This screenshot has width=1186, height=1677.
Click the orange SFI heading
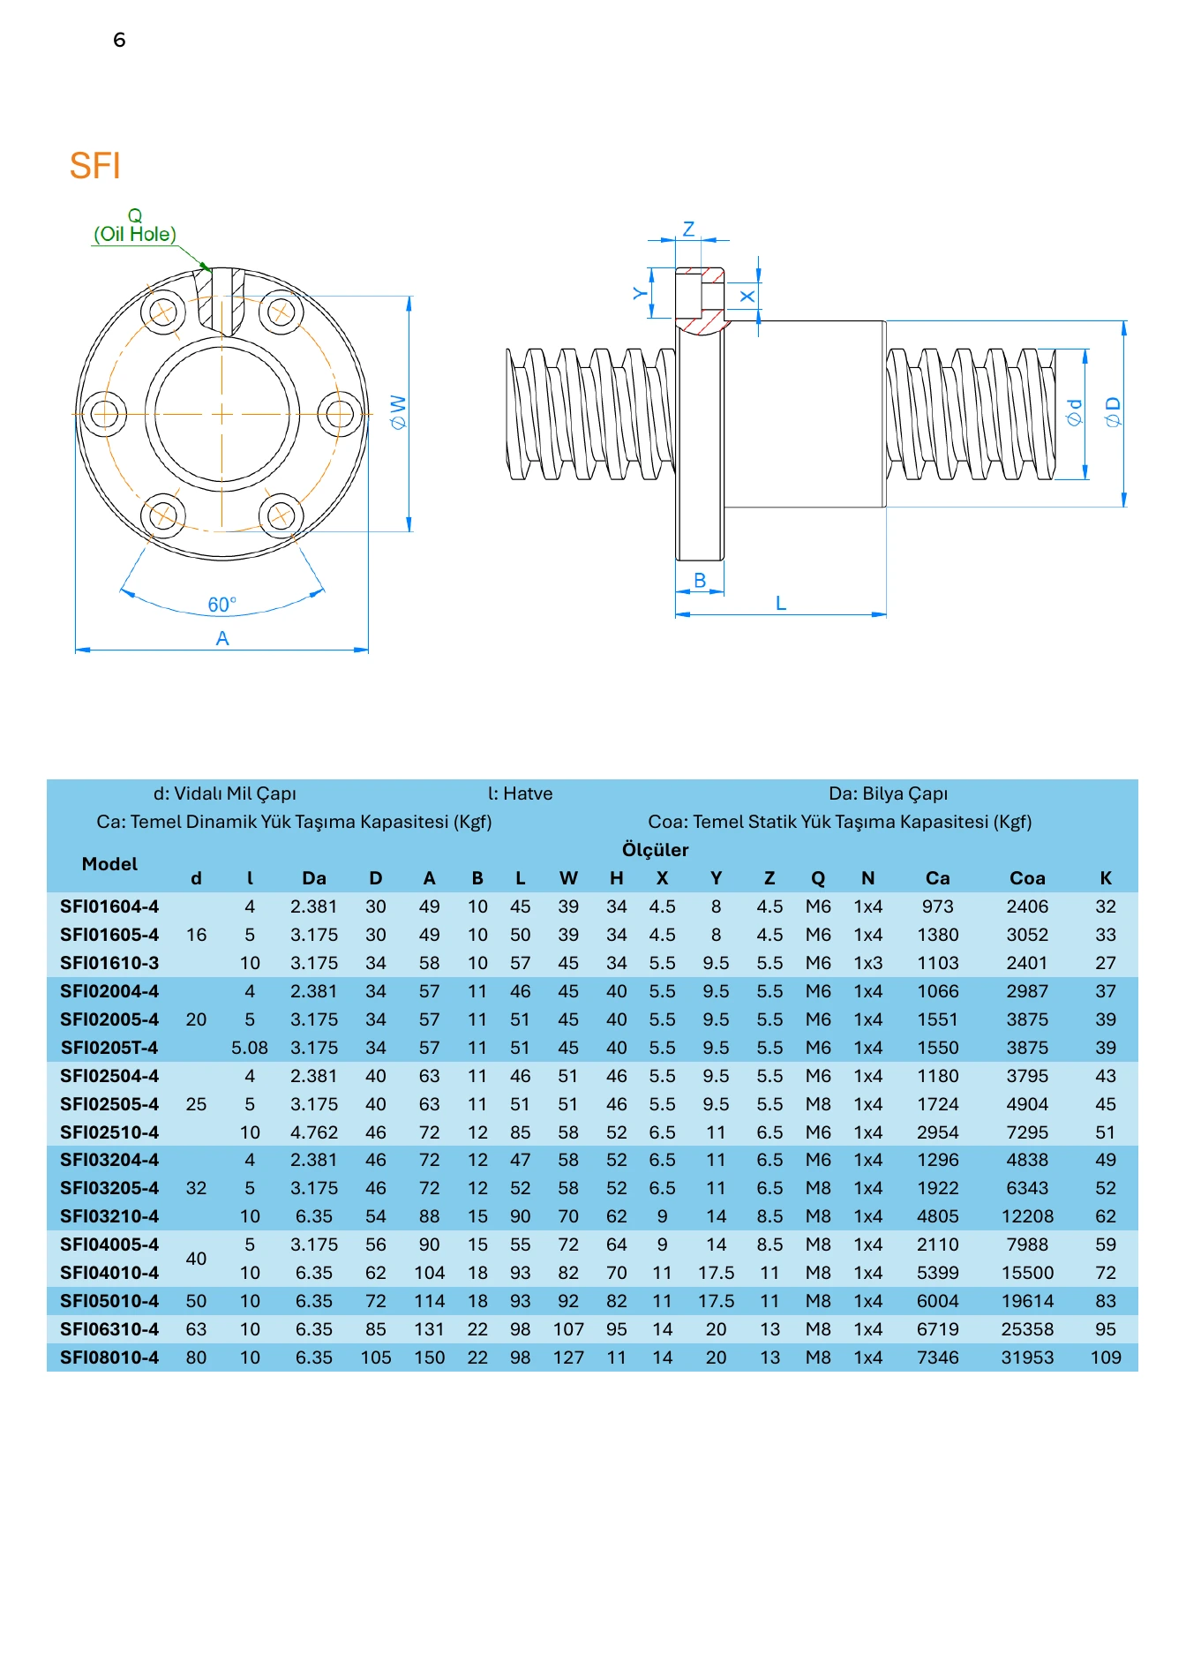[x=94, y=166]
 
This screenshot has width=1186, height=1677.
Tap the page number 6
[x=119, y=40]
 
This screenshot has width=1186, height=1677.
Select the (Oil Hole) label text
[x=135, y=234]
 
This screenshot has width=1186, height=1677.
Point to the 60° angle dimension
[x=221, y=605]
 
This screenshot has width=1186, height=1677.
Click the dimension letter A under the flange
[x=222, y=638]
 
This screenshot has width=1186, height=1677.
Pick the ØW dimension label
[x=398, y=412]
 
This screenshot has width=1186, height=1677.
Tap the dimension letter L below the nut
[x=781, y=603]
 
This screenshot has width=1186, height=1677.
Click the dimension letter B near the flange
[x=700, y=580]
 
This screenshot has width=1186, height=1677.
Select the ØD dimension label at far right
[x=1113, y=412]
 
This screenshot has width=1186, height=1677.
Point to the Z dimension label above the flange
[x=688, y=229]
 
